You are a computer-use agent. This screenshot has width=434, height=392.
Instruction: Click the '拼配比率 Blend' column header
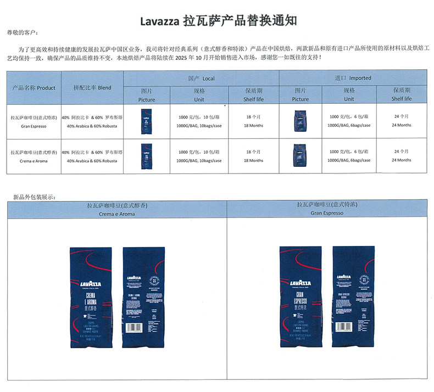point(92,88)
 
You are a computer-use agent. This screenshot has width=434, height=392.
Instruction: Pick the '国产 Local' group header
point(201,79)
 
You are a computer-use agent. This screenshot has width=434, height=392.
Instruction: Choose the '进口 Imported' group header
point(353,79)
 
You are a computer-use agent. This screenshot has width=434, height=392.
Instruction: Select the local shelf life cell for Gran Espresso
point(254,121)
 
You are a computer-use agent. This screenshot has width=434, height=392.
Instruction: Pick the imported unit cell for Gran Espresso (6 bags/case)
point(349,121)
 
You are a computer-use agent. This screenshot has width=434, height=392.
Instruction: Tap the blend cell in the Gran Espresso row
point(92,121)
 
